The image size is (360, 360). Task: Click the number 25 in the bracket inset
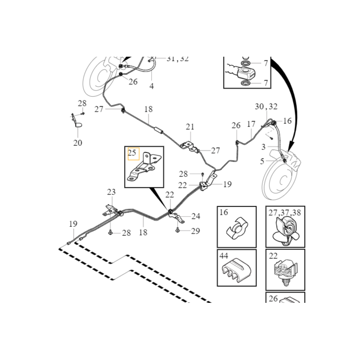pyautogui.click(x=132, y=153)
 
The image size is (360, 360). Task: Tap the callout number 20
pyautogui.click(x=77, y=143)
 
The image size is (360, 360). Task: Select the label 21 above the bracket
pyautogui.click(x=190, y=127)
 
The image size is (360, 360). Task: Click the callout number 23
pyautogui.click(x=111, y=192)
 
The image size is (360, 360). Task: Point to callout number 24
pyautogui.click(x=196, y=216)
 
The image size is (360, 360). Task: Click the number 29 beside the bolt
pyautogui.click(x=195, y=231)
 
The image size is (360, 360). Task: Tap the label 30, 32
pyautogui.click(x=266, y=107)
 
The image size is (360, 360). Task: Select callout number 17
pyautogui.click(x=251, y=124)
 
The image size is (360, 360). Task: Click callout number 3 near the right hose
pyautogui.click(x=263, y=147)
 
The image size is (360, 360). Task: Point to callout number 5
pyautogui.click(x=262, y=162)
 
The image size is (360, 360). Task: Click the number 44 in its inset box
pyautogui.click(x=224, y=256)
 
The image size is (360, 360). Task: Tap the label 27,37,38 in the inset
pyautogui.click(x=285, y=212)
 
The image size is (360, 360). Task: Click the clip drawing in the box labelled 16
pyautogui.click(x=237, y=228)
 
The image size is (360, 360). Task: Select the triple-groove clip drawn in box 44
pyautogui.click(x=236, y=270)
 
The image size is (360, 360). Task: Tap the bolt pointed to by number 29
pyautogui.click(x=177, y=229)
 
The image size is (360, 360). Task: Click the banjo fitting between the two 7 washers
pyautogui.click(x=246, y=73)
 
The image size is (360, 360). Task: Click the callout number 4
pyautogui.click(x=152, y=86)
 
